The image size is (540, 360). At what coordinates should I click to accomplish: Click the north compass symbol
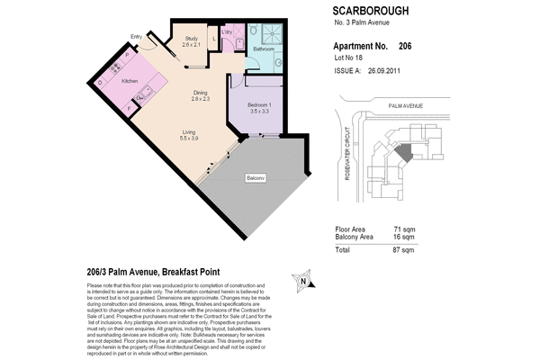coord(304,281)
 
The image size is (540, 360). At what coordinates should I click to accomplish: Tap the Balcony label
coord(256,178)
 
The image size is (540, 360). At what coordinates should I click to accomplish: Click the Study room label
coord(191,39)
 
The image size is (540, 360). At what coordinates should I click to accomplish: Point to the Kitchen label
coord(130,81)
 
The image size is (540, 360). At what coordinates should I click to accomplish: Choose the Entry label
coord(136,37)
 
